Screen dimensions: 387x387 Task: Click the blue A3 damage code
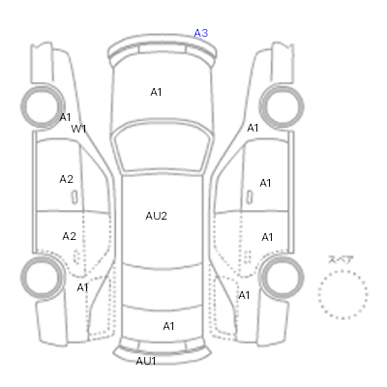pos(200,33)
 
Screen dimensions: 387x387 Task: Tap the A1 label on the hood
pos(156,92)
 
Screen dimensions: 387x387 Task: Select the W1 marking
pos(78,129)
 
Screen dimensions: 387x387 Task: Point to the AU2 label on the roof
pos(157,216)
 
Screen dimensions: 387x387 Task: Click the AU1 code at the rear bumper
pos(146,361)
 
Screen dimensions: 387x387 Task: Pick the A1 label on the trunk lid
pos(168,326)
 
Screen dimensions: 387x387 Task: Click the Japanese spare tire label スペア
pos(341,259)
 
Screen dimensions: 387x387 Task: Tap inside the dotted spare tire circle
pos(342,294)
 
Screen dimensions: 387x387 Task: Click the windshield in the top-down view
pos(164,145)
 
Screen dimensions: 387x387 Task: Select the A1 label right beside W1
pos(65,117)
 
